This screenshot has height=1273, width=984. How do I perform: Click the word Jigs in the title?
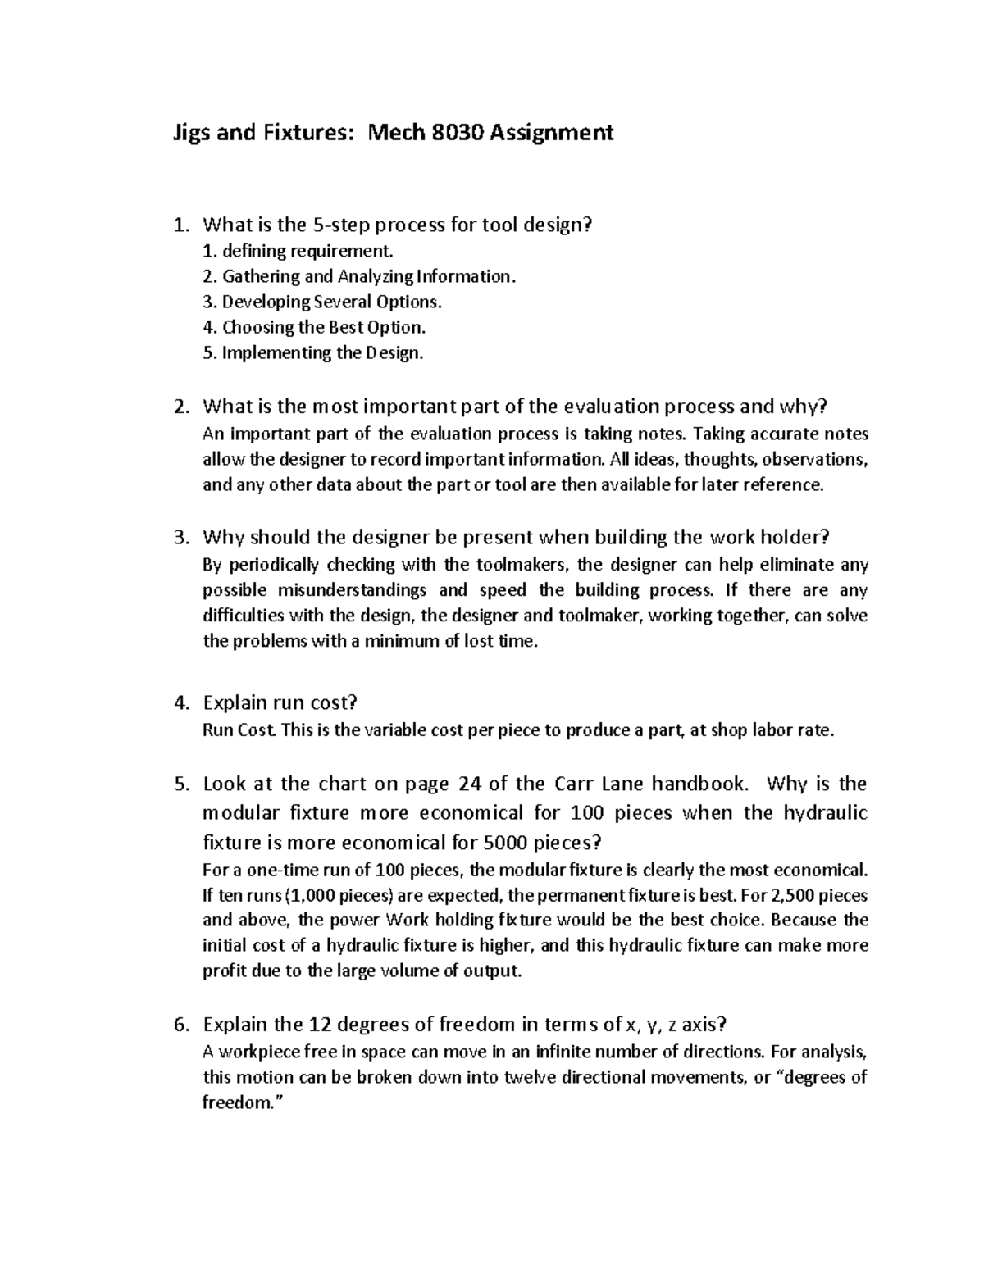(x=194, y=132)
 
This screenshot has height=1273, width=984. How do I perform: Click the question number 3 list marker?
(x=181, y=538)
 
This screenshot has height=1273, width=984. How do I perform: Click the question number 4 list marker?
(x=181, y=702)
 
